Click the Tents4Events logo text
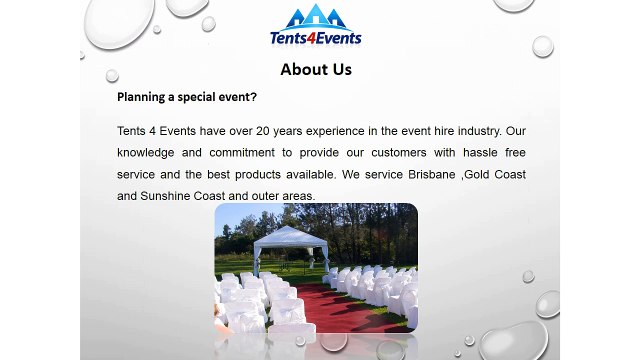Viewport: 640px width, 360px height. tap(315, 39)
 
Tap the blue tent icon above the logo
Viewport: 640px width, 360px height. tap(315, 17)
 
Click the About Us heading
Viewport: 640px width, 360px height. tap(316, 69)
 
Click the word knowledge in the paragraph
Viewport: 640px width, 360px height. tap(148, 153)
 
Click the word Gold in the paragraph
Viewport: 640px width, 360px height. tap(480, 174)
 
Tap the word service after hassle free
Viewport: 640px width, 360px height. tap(137, 174)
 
